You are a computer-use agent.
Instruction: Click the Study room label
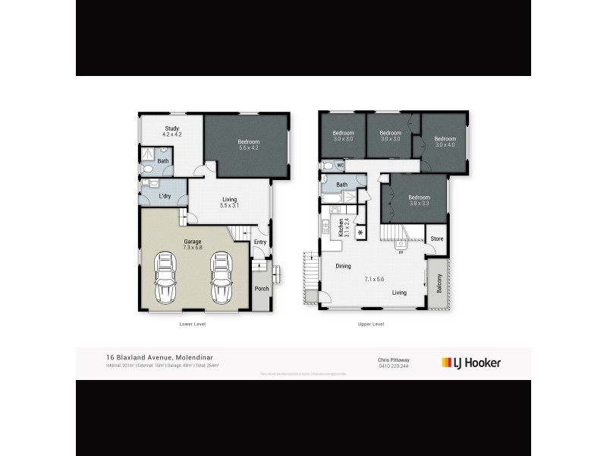[x=171, y=131]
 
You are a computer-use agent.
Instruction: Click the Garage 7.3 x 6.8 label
[x=192, y=244]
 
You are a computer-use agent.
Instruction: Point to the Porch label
[x=261, y=288]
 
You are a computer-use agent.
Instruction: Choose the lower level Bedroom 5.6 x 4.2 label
[x=248, y=145]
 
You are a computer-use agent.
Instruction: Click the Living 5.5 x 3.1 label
[x=229, y=203]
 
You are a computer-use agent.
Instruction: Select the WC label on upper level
[x=341, y=165]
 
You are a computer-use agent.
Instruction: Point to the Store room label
[x=436, y=239]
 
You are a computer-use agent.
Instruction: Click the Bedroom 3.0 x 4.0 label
[x=445, y=142]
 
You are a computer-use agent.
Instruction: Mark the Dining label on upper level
[x=344, y=265]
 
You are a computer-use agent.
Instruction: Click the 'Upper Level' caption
[x=371, y=324]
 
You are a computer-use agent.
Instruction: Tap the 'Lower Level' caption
[x=193, y=324]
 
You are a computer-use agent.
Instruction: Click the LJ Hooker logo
[x=471, y=363]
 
